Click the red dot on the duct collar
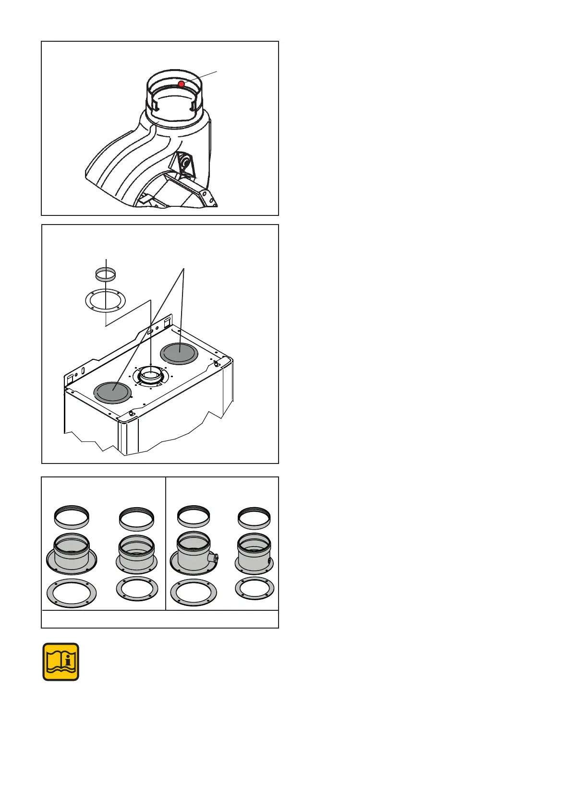coord(182,84)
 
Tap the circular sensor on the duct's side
coord(184,163)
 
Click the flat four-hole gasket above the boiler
coord(105,301)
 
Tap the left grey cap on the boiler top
coord(112,392)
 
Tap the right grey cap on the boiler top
coord(179,353)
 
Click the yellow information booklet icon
coord(61,662)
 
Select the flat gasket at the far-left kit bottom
coord(72,593)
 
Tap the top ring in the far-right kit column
coord(255,518)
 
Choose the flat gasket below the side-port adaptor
coord(194,593)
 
